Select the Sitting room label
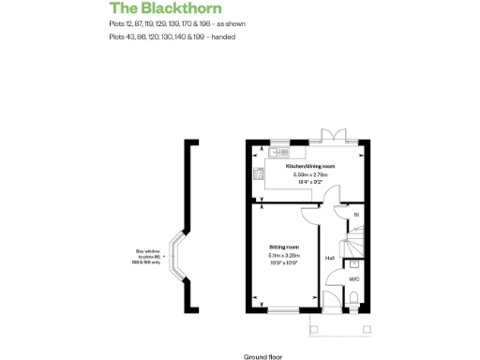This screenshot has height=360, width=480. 284,246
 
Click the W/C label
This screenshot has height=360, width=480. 353,279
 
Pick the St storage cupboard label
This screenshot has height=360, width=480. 355,217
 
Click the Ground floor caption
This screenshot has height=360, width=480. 262,356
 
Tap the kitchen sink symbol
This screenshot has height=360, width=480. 278,151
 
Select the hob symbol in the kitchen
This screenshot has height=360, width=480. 256,172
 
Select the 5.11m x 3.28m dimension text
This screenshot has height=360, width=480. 284,254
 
